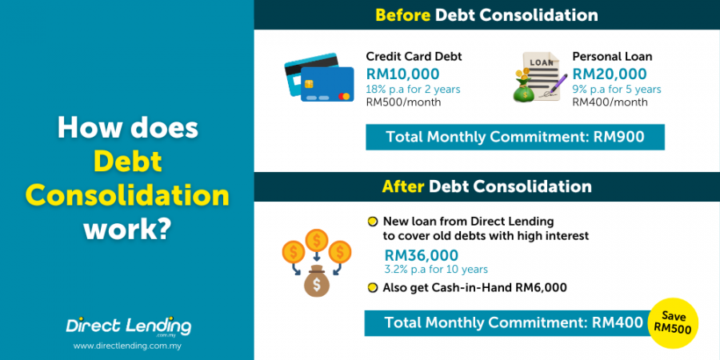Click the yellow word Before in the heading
click(x=403, y=15)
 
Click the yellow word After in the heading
click(x=403, y=186)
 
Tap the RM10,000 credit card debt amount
click(x=402, y=74)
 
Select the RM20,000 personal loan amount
click(x=610, y=74)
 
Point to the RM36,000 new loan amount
click(x=422, y=255)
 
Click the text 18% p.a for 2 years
click(x=413, y=89)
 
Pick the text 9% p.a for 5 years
click(x=617, y=89)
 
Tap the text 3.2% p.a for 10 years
click(x=436, y=269)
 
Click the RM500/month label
click(x=404, y=102)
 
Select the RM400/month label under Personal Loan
click(x=610, y=102)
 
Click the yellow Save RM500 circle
click(x=674, y=323)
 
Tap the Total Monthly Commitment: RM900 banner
click(x=514, y=137)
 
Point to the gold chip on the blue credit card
click(x=309, y=83)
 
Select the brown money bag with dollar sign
click(x=317, y=281)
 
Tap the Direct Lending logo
click(x=128, y=327)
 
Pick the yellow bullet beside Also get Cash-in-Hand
click(x=372, y=288)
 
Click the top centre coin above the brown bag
click(x=316, y=240)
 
